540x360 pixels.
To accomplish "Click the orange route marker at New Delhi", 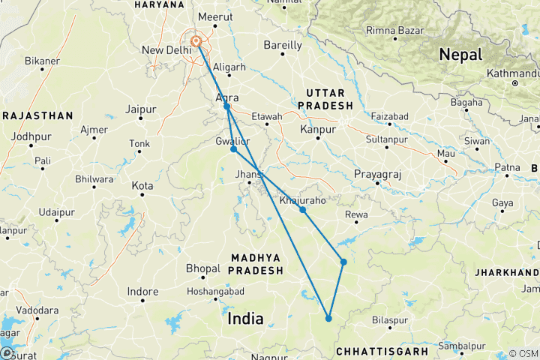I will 196,42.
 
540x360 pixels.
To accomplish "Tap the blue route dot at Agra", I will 226,106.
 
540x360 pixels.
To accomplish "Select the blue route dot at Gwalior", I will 234,149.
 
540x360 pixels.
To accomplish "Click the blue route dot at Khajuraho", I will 303,210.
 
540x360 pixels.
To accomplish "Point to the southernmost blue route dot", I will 328,319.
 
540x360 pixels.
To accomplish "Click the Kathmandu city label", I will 513,73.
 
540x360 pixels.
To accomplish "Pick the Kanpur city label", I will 316,130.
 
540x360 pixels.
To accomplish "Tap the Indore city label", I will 142,292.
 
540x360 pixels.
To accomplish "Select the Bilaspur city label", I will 391,319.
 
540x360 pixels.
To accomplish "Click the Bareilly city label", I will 283,46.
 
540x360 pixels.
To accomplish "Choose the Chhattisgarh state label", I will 381,350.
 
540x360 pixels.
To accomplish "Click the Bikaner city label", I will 42,60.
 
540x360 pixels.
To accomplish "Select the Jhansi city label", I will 250,174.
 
